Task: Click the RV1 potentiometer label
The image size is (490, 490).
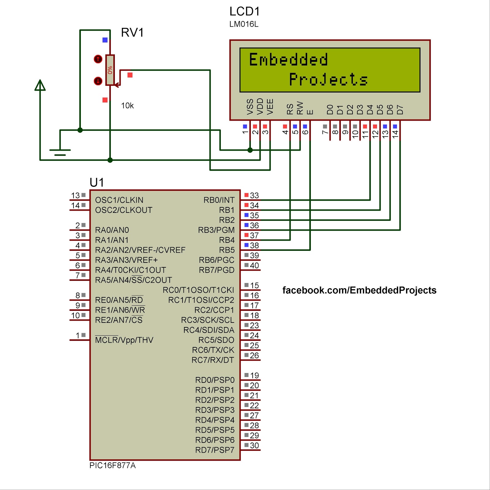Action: tap(132, 32)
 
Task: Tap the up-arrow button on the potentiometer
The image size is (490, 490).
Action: tap(98, 59)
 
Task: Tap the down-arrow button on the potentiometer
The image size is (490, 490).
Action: tap(98, 81)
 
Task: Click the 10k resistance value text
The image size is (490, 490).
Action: tap(127, 106)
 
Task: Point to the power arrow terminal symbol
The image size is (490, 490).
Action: tap(40, 85)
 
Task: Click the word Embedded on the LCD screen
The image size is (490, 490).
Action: tap(288, 59)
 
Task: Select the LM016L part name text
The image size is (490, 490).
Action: tap(244, 24)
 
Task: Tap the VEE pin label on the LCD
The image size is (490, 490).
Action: tap(270, 107)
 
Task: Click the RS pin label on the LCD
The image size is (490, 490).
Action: tap(290, 109)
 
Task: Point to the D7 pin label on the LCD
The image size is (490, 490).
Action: tap(400, 109)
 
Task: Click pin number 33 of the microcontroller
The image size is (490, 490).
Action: tap(254, 195)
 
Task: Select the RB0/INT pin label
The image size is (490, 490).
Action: tap(219, 200)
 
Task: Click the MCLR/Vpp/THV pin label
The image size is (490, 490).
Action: tap(124, 340)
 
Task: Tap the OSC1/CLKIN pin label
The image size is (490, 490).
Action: tap(119, 200)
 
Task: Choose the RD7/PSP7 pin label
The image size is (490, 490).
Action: tap(215, 450)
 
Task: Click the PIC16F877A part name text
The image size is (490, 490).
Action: tap(112, 466)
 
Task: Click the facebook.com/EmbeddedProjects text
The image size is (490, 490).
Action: tap(359, 290)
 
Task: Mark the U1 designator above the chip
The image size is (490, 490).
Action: tap(97, 183)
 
